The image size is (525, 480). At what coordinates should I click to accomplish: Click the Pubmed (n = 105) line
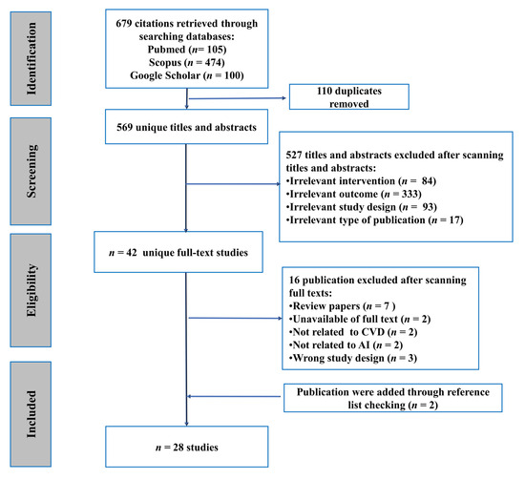[189, 48]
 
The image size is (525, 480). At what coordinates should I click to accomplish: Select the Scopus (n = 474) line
[189, 63]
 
